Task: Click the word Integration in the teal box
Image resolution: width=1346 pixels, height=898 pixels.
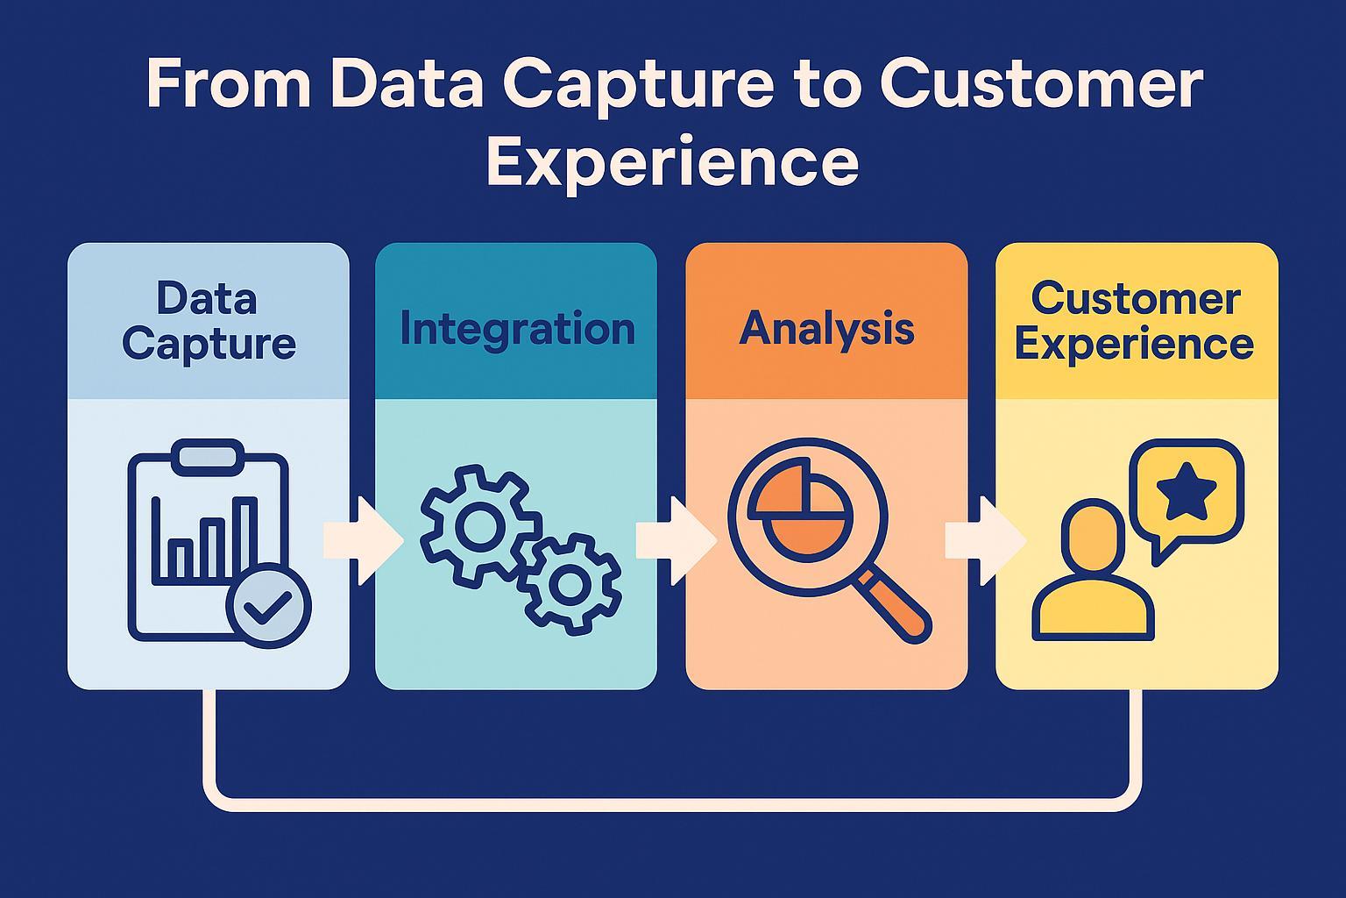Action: tap(517, 330)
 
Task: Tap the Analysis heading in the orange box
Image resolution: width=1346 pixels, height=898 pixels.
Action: tap(826, 330)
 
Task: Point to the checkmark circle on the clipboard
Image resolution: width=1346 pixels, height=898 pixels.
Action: tap(268, 605)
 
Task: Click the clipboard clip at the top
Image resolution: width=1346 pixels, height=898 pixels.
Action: tap(209, 456)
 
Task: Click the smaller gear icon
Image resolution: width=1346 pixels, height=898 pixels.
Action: tap(570, 583)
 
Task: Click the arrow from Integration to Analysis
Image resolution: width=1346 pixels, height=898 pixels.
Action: tap(675, 540)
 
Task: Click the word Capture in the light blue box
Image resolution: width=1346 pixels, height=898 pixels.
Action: tap(209, 344)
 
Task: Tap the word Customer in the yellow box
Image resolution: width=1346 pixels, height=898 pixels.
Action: tap(1136, 300)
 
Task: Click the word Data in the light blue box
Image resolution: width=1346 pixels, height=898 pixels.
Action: tap(207, 300)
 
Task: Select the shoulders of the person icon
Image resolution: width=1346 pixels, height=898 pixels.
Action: tap(1093, 609)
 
